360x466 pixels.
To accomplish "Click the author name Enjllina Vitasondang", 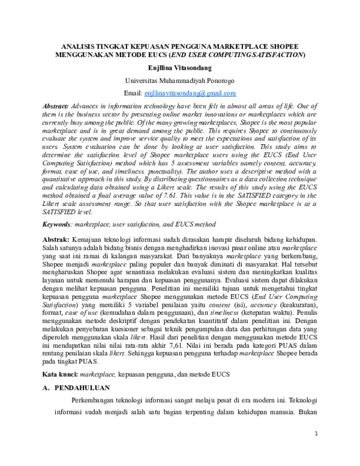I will click(180, 68).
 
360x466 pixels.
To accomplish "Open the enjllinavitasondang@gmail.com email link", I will click(190, 93).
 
